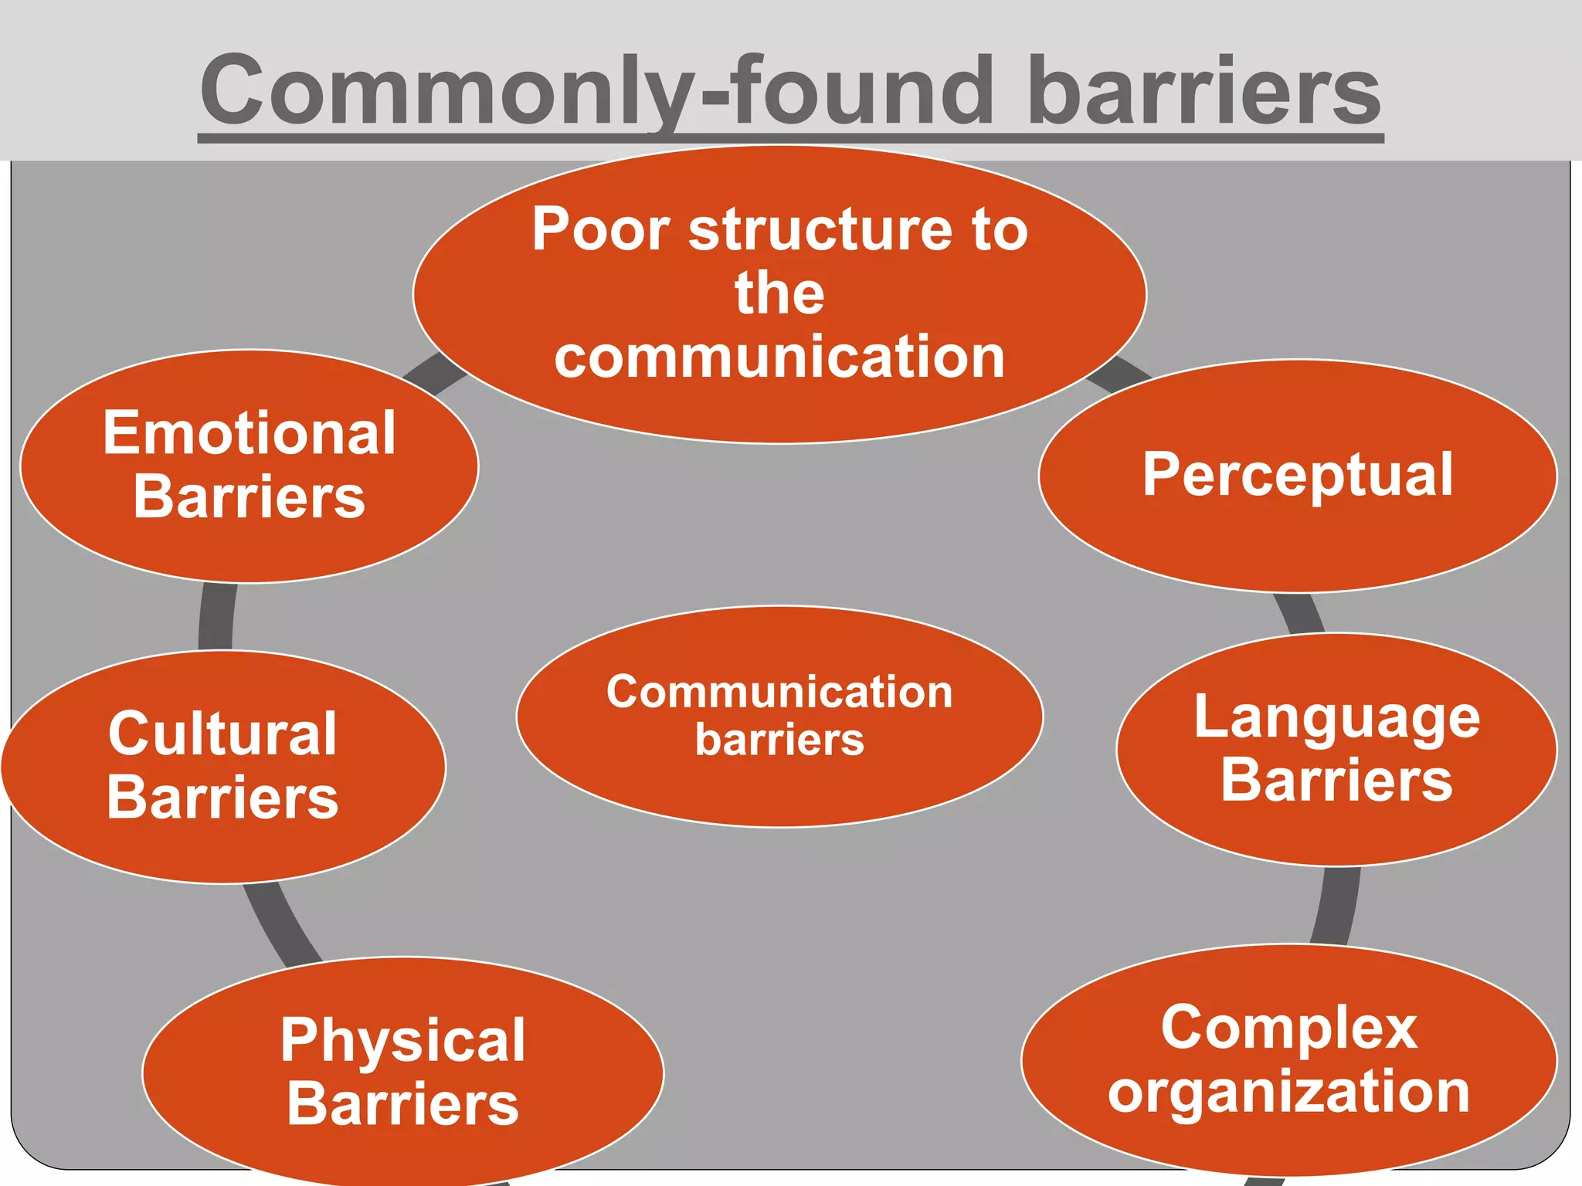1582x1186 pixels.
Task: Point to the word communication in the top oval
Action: point(779,357)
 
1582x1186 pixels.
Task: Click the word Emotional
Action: point(250,433)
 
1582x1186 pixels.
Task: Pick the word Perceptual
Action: point(1298,474)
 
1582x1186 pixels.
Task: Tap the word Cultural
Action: point(222,734)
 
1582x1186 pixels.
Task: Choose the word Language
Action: point(1336,718)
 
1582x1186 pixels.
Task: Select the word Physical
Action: point(402,1040)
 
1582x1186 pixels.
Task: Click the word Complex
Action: point(1288,1028)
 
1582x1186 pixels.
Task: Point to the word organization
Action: point(1288,1092)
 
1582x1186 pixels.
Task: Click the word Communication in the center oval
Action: point(779,692)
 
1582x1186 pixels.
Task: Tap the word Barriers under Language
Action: point(1336,780)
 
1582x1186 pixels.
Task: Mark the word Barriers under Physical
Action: point(402,1104)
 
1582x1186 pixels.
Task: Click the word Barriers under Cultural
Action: point(222,798)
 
